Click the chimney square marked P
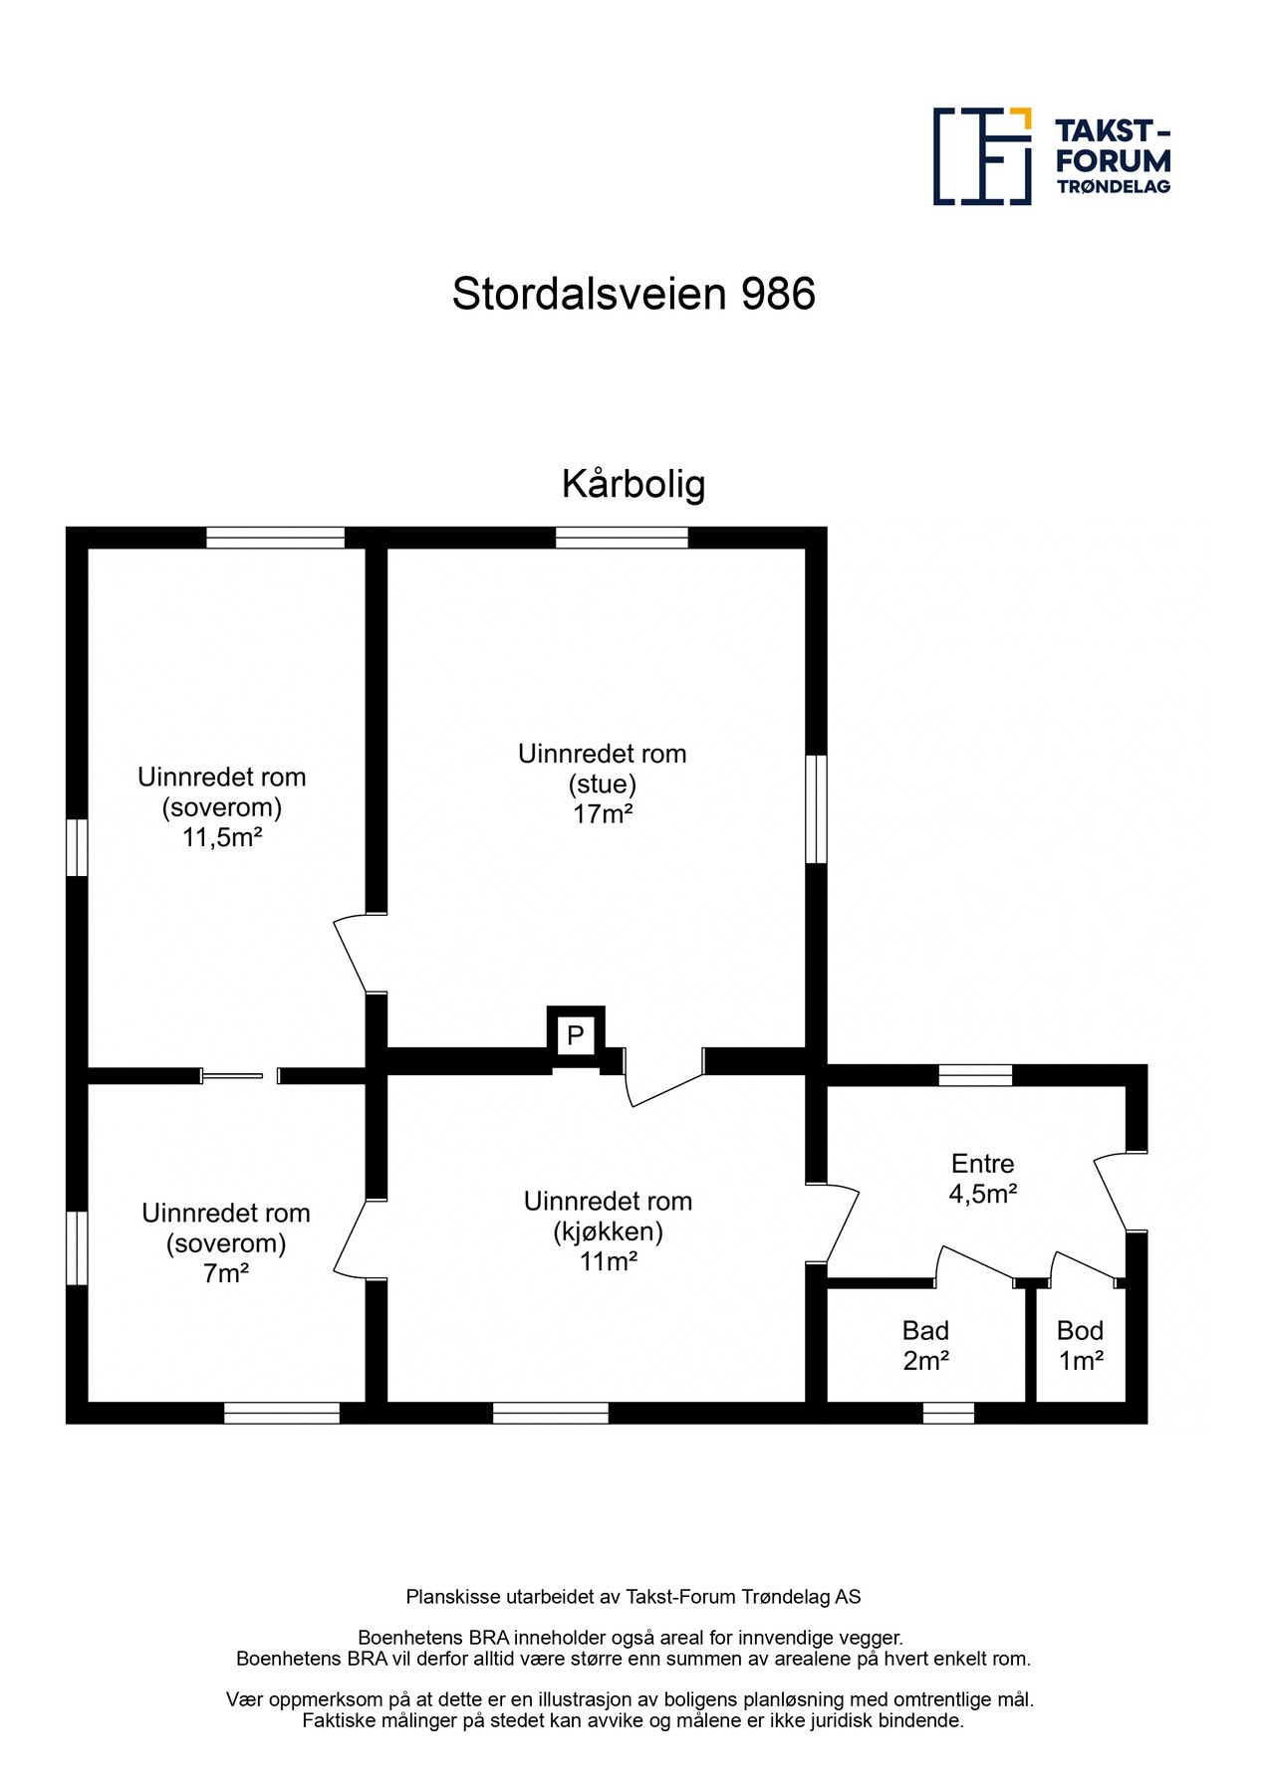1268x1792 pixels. coord(575,1035)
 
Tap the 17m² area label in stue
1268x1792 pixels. coord(603,814)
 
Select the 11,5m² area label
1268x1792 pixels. coord(221,837)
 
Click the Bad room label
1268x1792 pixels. coord(925,1330)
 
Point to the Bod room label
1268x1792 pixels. coord(1080,1330)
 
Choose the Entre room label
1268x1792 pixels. coord(982,1163)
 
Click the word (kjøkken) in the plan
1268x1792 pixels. coord(608,1232)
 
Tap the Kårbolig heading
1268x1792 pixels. coord(634,484)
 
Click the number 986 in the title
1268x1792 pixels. coord(778,294)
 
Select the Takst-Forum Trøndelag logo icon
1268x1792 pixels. coord(982,156)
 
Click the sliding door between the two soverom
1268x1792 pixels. coord(233,1074)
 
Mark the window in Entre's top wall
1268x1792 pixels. coord(975,1074)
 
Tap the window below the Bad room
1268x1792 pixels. coord(948,1412)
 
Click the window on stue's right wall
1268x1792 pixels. coord(816,808)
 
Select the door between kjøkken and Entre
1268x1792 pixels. coord(839,1225)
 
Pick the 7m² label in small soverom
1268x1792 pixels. coord(226,1272)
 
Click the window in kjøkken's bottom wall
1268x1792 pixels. coord(550,1412)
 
